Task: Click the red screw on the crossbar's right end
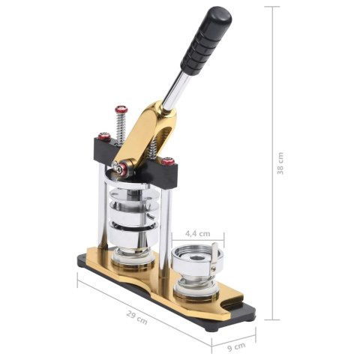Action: (169, 160)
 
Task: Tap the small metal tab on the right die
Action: (215, 253)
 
